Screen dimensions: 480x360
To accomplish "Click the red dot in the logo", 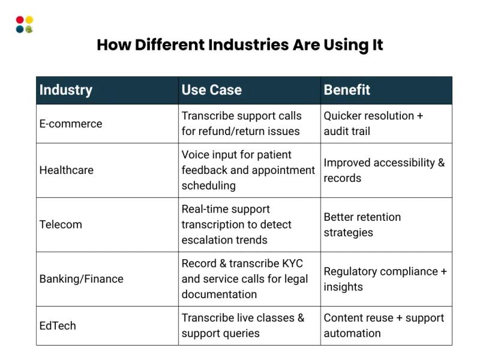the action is coord(20,20).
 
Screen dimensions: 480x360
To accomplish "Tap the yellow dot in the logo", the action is coord(29,20).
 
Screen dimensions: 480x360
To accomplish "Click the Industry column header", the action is coord(66,90).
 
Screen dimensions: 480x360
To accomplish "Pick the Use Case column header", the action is coord(212,90).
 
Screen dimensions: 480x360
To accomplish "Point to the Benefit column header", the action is coord(347,90).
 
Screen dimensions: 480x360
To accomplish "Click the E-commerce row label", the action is coord(71,124).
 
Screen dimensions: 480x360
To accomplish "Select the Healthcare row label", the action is coord(67,170).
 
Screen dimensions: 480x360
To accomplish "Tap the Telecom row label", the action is coord(61,224).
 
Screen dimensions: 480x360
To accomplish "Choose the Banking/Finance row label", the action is coord(82,279).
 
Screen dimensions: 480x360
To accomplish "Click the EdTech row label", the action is coord(58,326).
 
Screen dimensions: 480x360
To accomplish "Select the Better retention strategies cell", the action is coord(362,225).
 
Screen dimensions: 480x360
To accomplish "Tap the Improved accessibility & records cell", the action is coord(384,170).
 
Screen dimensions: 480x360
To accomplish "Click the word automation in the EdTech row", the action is coord(352,334).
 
